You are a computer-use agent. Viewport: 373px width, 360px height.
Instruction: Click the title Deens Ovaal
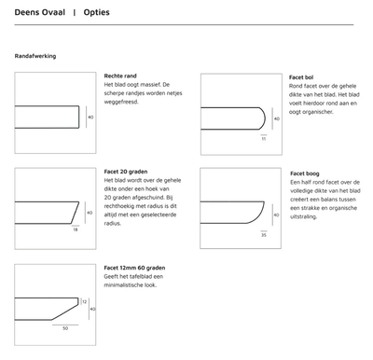click(36, 14)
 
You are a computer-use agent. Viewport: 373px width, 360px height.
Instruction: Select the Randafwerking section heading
click(35, 56)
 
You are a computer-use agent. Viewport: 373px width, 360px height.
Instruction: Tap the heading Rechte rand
click(122, 76)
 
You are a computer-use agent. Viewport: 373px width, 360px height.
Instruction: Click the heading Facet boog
click(306, 173)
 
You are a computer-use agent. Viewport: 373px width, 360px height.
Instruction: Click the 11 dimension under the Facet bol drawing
click(263, 137)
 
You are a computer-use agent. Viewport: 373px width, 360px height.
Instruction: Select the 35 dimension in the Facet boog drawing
click(263, 234)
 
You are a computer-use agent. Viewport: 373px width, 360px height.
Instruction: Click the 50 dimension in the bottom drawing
click(65, 327)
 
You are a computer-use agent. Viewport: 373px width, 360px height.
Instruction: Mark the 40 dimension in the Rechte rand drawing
click(90, 118)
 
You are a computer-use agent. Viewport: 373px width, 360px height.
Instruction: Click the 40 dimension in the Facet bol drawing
click(276, 119)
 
